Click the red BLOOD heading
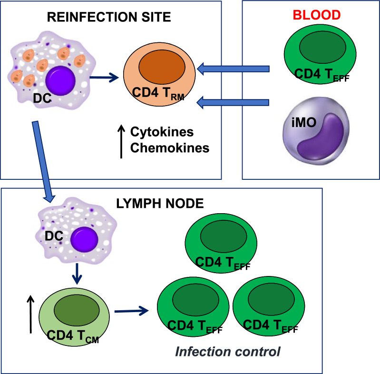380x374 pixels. (x=317, y=15)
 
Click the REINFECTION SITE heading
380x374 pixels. (x=109, y=17)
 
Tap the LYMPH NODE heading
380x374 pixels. (x=160, y=204)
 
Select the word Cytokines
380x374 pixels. (x=162, y=132)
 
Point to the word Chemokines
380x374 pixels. (x=170, y=148)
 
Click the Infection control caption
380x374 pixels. (x=227, y=352)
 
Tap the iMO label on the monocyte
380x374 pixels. (x=304, y=122)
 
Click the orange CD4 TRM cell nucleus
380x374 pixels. (x=162, y=67)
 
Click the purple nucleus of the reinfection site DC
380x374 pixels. (x=60, y=80)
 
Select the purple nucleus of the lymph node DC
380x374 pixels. (x=84, y=240)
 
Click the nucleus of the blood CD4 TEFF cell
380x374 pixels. (x=322, y=47)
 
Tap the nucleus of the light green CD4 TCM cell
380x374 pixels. (x=77, y=310)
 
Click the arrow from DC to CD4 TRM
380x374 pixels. (x=104, y=78)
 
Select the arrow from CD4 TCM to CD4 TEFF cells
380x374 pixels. (x=132, y=311)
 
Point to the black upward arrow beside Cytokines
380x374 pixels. (x=121, y=142)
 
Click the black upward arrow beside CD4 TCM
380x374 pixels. (x=30, y=315)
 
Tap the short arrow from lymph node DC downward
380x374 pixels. (x=77, y=274)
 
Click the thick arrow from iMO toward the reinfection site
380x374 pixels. (x=233, y=102)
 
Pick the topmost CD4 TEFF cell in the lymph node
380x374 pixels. (x=221, y=243)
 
